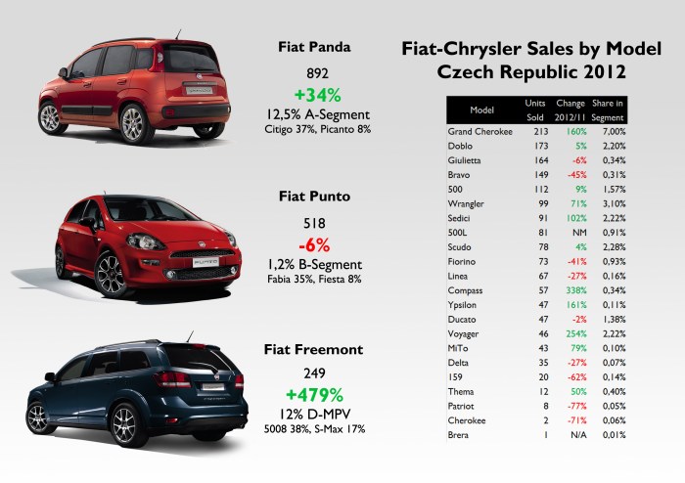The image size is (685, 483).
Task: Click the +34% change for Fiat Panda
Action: (x=315, y=95)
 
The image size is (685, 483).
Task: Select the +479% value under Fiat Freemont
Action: (x=315, y=396)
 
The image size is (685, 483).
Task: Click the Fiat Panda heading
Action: (x=315, y=45)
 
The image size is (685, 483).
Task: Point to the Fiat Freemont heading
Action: (x=315, y=349)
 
